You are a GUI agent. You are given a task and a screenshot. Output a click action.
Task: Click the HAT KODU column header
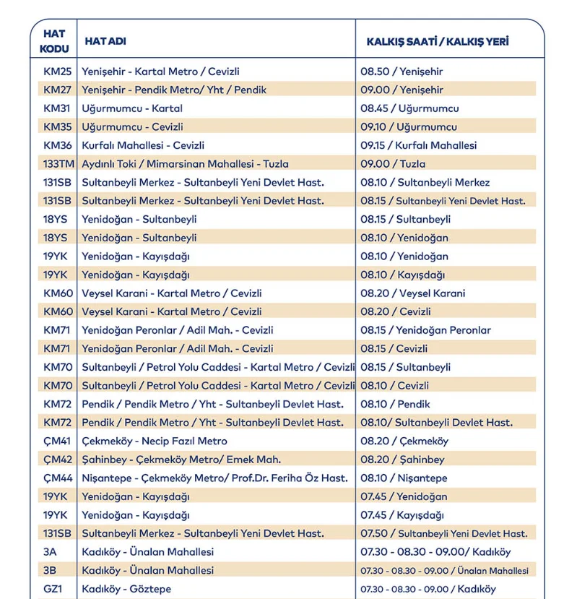[55, 41]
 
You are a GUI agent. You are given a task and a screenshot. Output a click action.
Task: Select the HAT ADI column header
[105, 41]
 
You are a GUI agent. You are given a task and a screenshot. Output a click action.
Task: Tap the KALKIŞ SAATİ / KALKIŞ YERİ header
[437, 41]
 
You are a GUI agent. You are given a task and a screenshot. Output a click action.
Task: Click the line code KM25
[58, 72]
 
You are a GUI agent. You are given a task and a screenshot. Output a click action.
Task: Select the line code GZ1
[53, 589]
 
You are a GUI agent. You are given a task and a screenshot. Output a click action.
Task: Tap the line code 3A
[50, 552]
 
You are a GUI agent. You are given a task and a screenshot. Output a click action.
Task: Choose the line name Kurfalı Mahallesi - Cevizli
[143, 145]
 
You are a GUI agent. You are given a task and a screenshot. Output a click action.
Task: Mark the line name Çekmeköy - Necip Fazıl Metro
[155, 441]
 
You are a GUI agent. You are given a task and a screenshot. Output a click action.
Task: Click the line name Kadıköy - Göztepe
[126, 589]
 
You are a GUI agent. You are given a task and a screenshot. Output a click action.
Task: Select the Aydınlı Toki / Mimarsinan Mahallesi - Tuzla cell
[185, 164]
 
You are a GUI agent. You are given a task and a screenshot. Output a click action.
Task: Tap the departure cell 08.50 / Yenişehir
[402, 72]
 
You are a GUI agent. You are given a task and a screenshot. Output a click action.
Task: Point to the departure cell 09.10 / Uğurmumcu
[409, 127]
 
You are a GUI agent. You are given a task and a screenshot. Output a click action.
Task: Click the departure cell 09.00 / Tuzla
[393, 164]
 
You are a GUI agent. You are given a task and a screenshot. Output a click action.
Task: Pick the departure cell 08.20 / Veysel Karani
[413, 293]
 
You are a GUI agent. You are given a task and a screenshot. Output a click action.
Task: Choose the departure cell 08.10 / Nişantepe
[404, 478]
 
